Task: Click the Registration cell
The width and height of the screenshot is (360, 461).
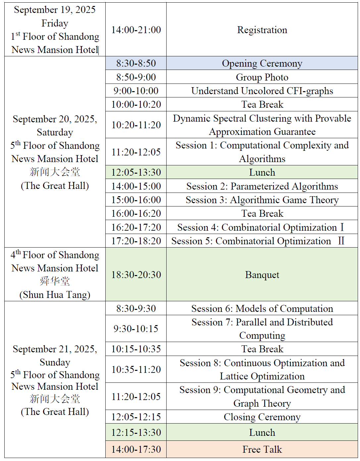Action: tap(262, 30)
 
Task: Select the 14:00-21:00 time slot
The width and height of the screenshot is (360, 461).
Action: tap(136, 30)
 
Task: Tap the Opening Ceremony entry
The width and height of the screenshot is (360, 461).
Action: tap(262, 63)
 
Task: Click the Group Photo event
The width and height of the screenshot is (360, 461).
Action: tap(262, 77)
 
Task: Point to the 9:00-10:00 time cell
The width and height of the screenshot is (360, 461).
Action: tap(136, 91)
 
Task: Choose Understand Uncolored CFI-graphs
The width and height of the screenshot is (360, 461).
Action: tap(262, 91)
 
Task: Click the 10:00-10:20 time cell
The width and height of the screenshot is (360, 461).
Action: tap(136, 104)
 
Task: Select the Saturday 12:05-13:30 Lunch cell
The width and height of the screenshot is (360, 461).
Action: tap(262, 172)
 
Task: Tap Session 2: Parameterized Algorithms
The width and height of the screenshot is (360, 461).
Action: tap(262, 186)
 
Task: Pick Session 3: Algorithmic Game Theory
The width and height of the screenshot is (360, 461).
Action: tap(262, 200)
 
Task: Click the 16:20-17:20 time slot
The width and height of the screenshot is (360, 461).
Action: tap(136, 227)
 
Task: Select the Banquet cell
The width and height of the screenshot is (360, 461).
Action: tap(262, 275)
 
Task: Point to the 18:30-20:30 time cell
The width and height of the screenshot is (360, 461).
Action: tap(136, 275)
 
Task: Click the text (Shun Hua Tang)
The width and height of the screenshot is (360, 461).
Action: tap(55, 295)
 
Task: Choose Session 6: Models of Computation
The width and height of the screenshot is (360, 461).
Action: tap(262, 309)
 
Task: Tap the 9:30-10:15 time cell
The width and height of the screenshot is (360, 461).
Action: tap(136, 328)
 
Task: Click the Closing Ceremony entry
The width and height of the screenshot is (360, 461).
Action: tap(262, 417)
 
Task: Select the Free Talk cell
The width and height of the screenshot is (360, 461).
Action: tap(262, 449)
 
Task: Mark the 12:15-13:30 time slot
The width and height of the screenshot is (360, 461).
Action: tap(136, 432)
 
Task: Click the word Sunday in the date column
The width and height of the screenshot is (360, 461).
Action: tap(55, 362)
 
